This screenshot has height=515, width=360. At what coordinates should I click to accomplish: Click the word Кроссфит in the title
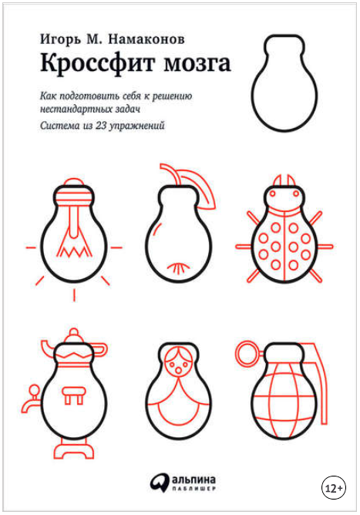point(97,63)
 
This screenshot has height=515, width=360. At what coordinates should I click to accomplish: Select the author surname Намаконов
point(146,39)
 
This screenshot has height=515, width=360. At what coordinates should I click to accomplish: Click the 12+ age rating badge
point(333,488)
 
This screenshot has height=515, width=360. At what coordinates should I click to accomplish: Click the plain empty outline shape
point(284,83)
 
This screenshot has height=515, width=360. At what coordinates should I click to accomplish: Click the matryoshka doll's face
point(178,364)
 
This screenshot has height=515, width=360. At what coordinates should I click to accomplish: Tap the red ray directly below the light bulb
point(74,295)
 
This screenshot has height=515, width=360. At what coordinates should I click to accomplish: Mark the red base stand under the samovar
point(73,451)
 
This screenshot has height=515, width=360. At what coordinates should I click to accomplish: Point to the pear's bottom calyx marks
point(178,268)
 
